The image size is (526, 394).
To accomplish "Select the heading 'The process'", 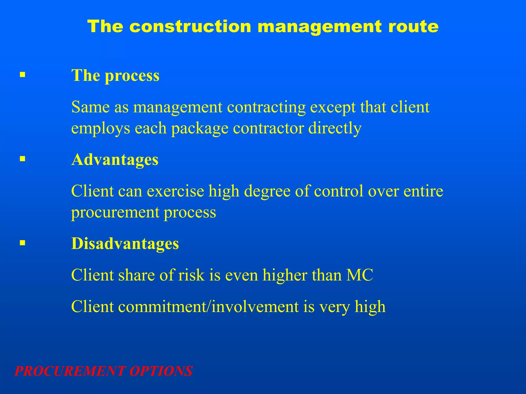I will tap(115, 75).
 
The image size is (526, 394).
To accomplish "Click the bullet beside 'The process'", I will tap(23, 75).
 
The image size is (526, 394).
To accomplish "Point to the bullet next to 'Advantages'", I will tap(23, 159).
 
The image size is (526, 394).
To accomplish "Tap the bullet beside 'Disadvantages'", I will tap(23, 243).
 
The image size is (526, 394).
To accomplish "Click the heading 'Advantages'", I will tap(115, 160).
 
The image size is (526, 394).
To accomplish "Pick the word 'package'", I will tap(200, 128).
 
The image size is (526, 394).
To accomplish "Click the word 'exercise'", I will tap(175, 191).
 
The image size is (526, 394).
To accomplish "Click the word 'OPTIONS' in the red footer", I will tap(161, 371).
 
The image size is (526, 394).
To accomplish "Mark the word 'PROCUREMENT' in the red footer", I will tap(70, 371).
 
